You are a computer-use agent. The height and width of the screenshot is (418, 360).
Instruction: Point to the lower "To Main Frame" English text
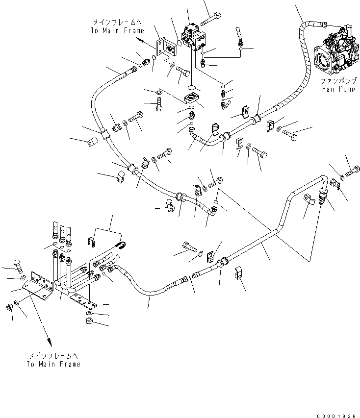pos(53,364)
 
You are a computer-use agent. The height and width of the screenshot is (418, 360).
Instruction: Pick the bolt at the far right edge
pos(352,172)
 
